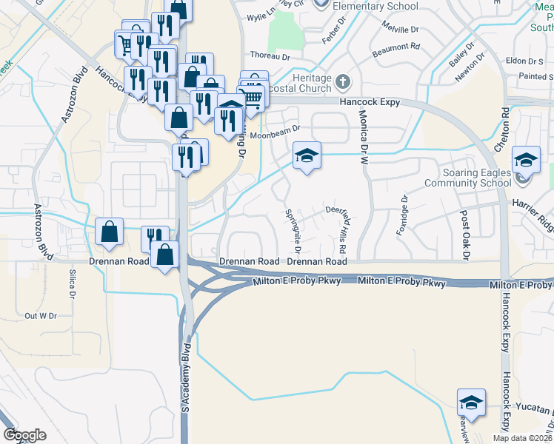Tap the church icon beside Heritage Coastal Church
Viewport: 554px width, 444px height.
[x=342, y=81]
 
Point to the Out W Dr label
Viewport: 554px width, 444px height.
[x=41, y=316]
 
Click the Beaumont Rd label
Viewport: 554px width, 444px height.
[x=396, y=47]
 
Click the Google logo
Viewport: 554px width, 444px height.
[x=24, y=435]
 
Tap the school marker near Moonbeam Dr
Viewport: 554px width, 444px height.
[x=307, y=156]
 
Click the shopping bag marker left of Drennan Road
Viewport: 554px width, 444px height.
[x=110, y=232]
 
